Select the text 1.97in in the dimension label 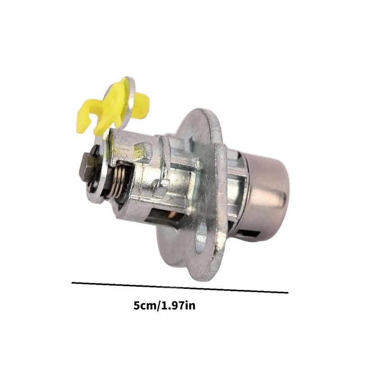178,306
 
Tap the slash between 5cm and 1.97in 158,306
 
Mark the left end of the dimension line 73,283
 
